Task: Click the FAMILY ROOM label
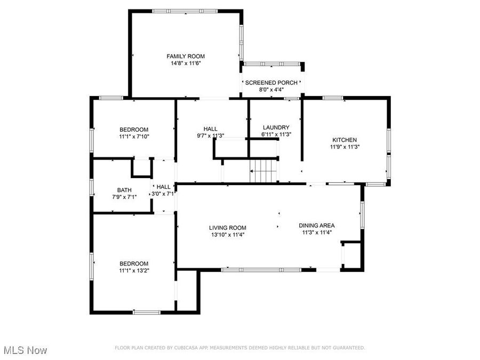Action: pos(186,56)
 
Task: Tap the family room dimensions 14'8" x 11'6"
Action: pos(186,63)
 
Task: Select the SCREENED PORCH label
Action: pos(271,83)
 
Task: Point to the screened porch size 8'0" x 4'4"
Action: pos(271,90)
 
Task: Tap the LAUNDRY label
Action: pos(276,127)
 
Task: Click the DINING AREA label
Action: pos(316,226)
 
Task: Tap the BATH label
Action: pos(124,190)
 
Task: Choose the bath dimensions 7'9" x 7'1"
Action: pos(124,197)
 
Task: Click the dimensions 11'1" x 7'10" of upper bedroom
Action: pos(134,137)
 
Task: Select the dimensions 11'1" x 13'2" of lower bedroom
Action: pos(134,270)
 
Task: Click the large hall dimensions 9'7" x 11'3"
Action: pos(210,135)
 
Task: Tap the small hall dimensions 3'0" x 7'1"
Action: pos(163,194)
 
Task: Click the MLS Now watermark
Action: pos(25,350)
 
